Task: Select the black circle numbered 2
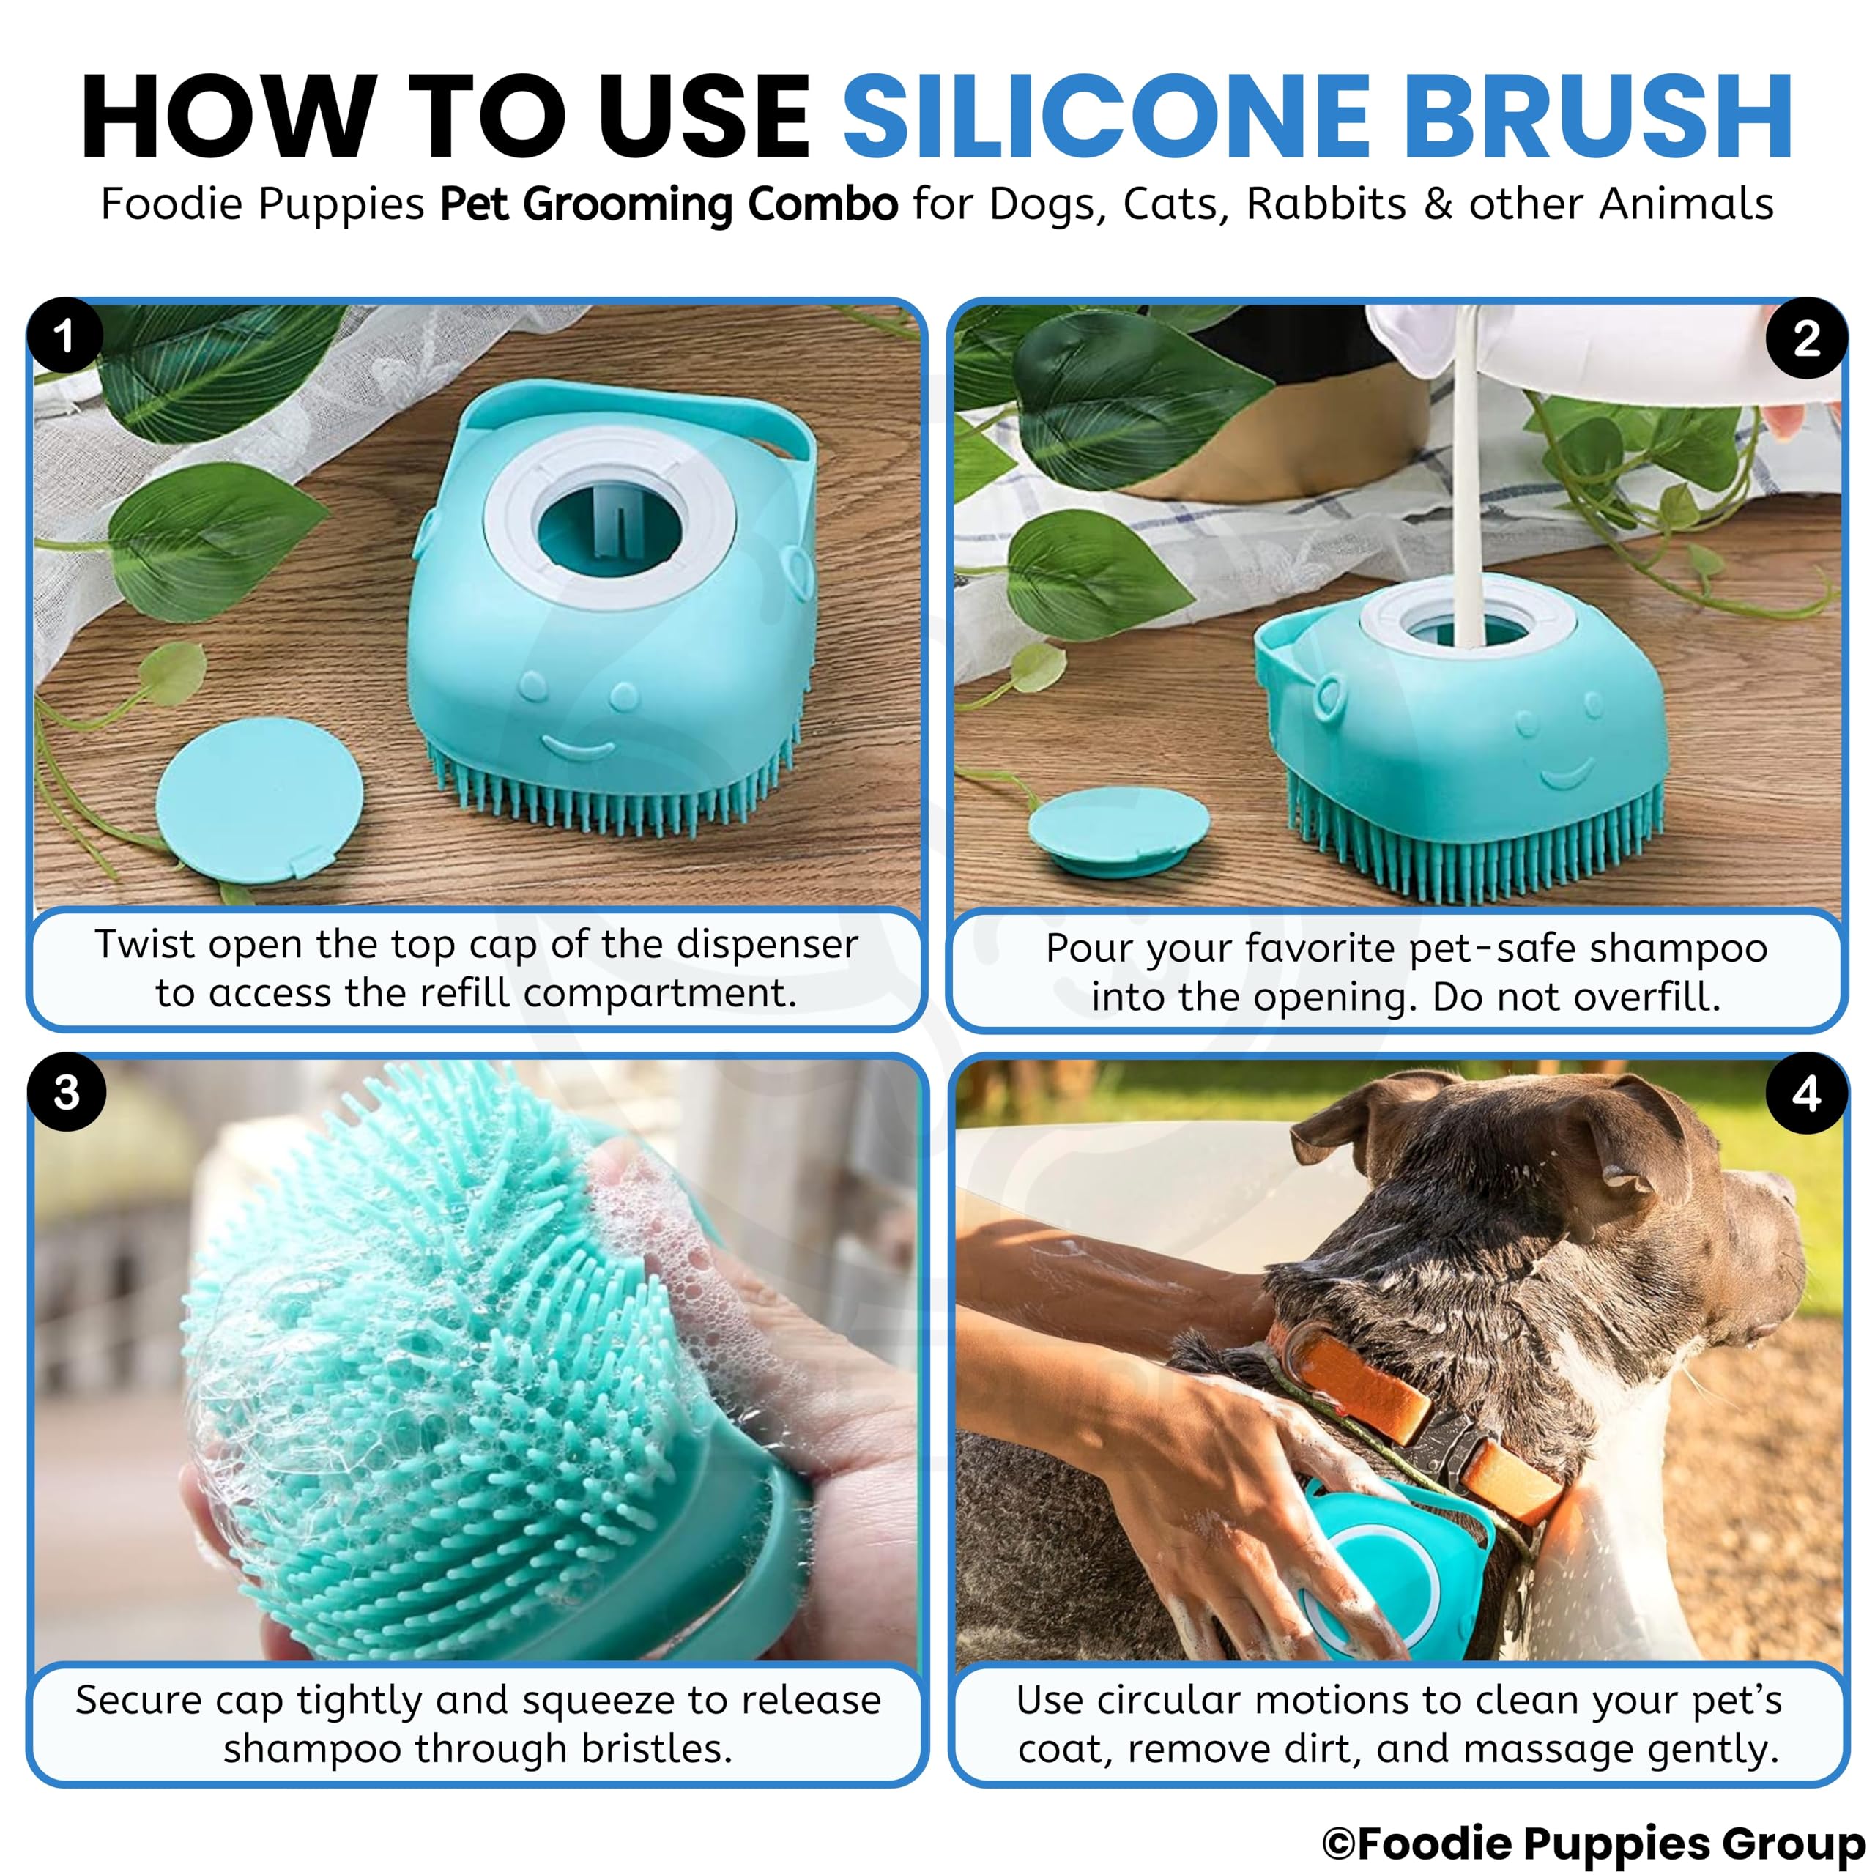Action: [1806, 338]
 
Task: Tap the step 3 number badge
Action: [66, 1092]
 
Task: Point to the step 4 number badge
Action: [1806, 1094]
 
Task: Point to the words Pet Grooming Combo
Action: [669, 206]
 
